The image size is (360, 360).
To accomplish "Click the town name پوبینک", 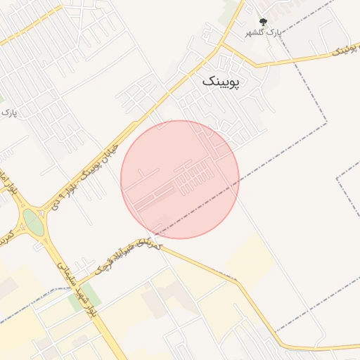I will [221, 82].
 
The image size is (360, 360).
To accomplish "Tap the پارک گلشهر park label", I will [262, 32].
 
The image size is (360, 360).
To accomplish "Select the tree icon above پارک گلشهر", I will [263, 22].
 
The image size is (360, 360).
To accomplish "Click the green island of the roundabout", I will [32, 221].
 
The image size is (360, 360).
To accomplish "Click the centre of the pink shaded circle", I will [180, 179].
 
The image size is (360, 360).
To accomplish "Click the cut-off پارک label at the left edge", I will [8, 112].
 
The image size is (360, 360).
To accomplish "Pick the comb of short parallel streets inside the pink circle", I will [194, 174].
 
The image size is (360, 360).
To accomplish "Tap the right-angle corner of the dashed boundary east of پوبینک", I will [327, 124].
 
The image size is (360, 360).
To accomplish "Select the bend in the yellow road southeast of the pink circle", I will [238, 281].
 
